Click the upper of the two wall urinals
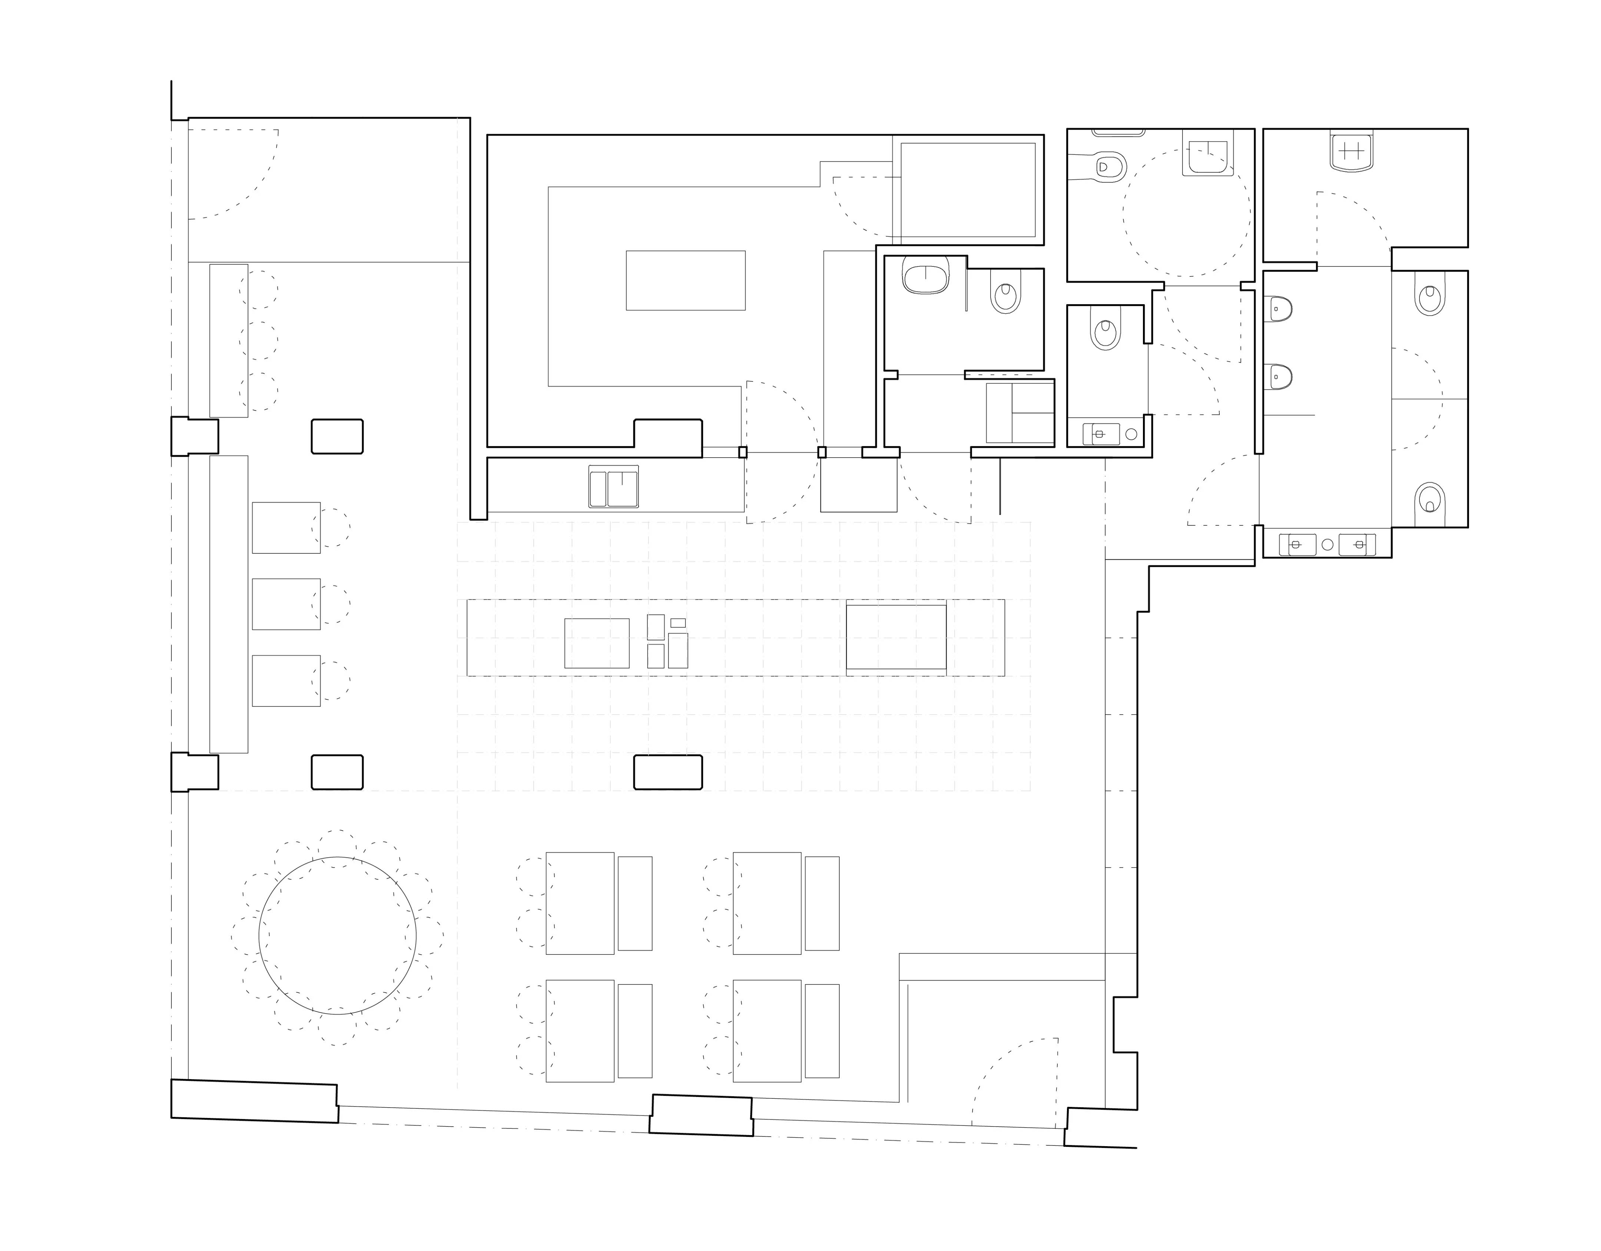click(x=1279, y=309)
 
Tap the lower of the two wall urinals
click(x=1279, y=377)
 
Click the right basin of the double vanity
click(x=1358, y=545)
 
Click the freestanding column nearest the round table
click(x=337, y=772)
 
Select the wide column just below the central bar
click(x=668, y=772)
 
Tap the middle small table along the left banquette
click(x=286, y=604)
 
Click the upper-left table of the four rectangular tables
click(x=580, y=903)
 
